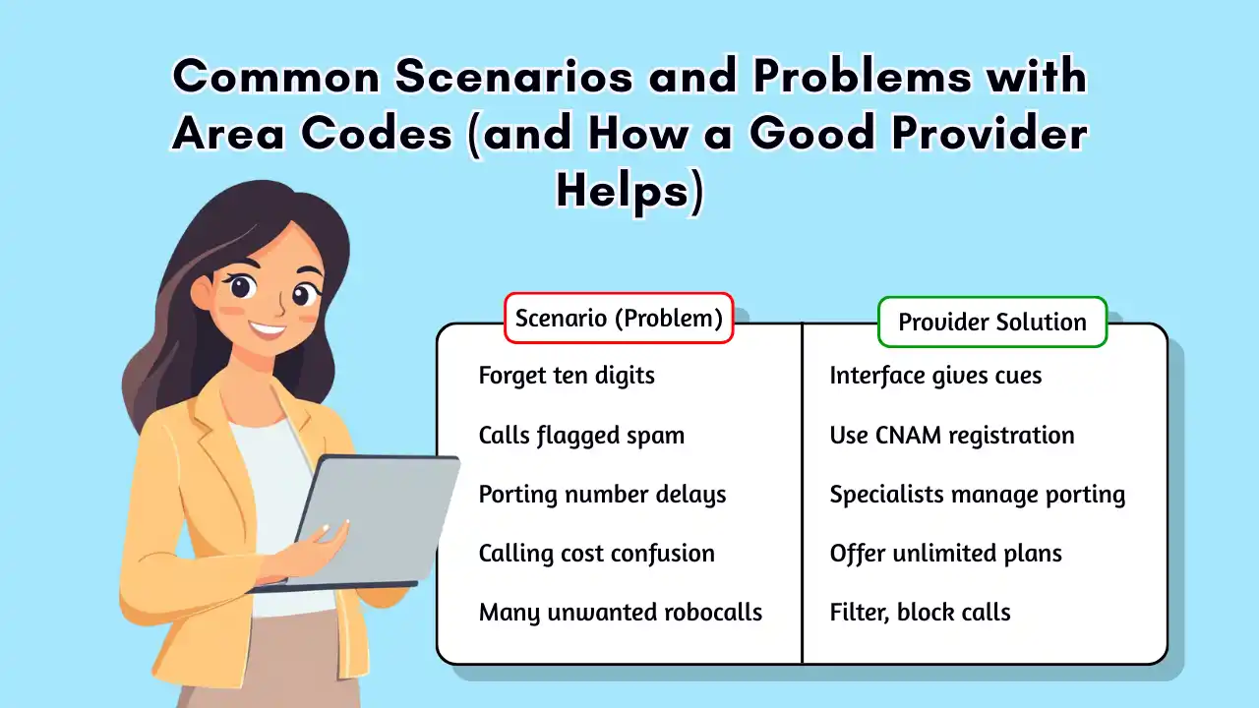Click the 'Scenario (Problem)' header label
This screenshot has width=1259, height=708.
[x=619, y=319]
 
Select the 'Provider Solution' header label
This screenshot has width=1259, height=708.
[x=991, y=323]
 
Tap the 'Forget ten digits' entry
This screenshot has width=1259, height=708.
[x=567, y=376]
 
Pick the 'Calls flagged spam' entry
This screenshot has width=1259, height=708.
[x=581, y=435]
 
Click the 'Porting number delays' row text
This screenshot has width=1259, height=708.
[x=602, y=494]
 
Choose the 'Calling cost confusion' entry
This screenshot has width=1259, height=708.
[x=596, y=553]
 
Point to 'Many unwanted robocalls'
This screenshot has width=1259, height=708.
[x=620, y=612]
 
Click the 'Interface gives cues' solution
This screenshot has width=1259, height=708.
[x=935, y=376]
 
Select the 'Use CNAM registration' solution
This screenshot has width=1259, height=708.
[x=951, y=435]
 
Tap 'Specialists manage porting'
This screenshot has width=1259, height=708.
[x=977, y=494]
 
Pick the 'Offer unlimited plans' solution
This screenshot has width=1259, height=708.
[x=945, y=553]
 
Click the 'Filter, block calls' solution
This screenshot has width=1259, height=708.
[x=920, y=612]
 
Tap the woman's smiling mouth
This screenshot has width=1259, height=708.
[x=267, y=327]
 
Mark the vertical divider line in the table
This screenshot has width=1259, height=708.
[x=803, y=492]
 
